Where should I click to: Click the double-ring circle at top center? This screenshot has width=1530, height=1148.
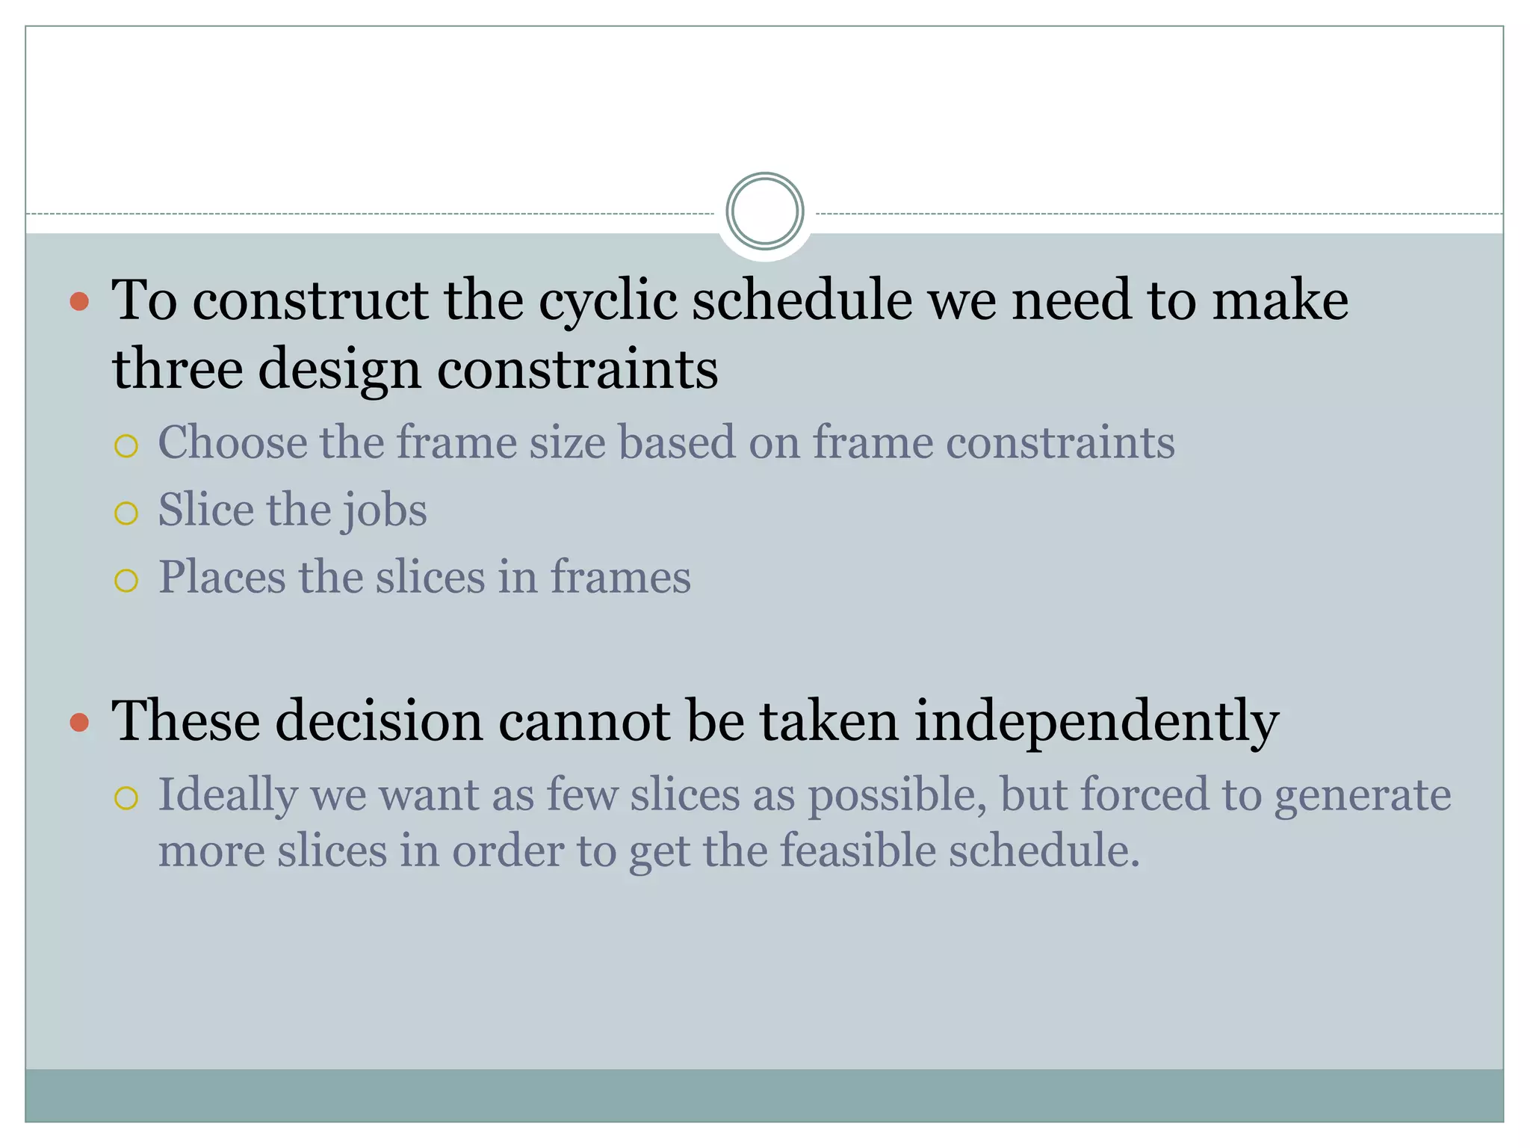click(764, 212)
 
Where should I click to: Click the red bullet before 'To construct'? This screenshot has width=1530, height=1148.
click(79, 302)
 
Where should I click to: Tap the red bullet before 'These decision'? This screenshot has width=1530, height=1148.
click(79, 722)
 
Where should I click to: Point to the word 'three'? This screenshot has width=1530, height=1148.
click(177, 368)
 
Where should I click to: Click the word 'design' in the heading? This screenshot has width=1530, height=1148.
click(340, 370)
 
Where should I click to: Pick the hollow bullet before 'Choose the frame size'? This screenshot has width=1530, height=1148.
click(126, 446)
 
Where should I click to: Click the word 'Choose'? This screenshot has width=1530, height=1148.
click(232, 442)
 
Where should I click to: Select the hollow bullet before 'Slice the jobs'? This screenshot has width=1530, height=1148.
click(126, 513)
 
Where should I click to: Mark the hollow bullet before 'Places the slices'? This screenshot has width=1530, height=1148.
click(126, 581)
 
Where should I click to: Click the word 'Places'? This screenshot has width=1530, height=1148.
click(222, 578)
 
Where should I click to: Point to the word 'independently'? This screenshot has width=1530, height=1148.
click(1097, 722)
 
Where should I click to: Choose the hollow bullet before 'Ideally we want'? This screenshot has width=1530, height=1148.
click(126, 798)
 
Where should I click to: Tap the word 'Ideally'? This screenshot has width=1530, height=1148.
click(227, 795)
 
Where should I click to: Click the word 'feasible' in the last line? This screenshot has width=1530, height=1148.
click(858, 851)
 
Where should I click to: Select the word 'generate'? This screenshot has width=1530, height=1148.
click(1362, 795)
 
